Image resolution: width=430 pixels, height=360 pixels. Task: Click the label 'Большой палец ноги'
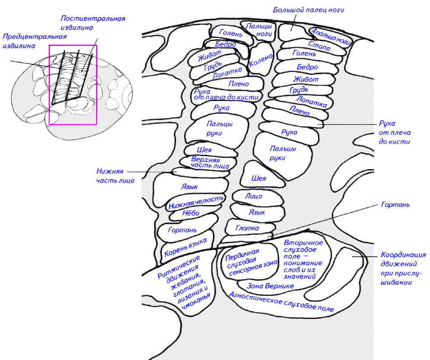pos(311,9)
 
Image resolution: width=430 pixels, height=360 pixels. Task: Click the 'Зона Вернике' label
pos(271,286)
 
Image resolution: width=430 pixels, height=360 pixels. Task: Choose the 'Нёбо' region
pos(191,213)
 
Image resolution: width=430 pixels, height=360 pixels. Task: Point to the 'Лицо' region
pos(254,196)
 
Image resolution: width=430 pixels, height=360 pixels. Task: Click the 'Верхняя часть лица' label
pos(205,163)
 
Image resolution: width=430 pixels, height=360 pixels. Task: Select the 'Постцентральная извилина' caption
pos(92,23)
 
